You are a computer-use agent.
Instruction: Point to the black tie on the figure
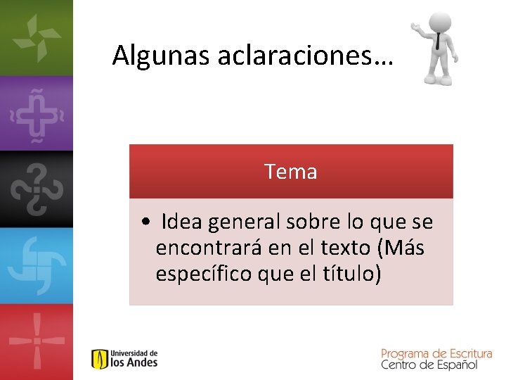438,42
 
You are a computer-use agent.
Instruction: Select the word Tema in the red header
291,172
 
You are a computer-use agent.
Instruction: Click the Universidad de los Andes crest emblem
100,359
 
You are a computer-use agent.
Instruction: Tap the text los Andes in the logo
134,363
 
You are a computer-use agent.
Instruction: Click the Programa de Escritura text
436,353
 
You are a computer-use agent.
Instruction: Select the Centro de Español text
429,365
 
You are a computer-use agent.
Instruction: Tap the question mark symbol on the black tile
35,188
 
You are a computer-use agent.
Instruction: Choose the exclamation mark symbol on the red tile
35,341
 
